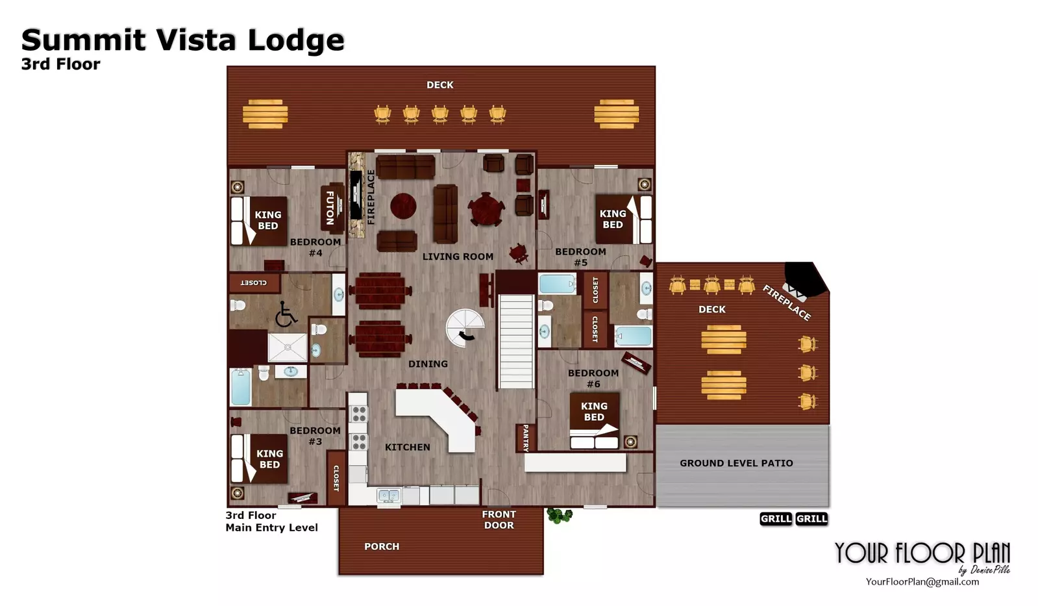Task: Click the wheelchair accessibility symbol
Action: (x=285, y=314)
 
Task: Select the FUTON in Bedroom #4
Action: (x=332, y=208)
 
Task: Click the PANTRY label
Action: (x=526, y=438)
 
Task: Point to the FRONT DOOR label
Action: (x=499, y=520)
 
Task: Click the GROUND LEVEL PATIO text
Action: (x=736, y=462)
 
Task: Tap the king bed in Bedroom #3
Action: (x=259, y=459)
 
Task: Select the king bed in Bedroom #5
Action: (x=624, y=219)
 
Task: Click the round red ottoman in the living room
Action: (x=403, y=207)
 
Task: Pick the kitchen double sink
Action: (x=389, y=496)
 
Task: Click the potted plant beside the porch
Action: (x=559, y=515)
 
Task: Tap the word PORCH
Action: (x=382, y=546)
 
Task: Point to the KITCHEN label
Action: (x=407, y=447)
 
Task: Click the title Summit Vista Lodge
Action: (x=183, y=40)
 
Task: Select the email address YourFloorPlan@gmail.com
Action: (x=922, y=582)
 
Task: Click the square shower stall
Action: (x=288, y=347)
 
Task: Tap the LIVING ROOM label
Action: (x=458, y=257)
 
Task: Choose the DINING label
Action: (x=428, y=364)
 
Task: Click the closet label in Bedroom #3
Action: (x=336, y=479)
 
